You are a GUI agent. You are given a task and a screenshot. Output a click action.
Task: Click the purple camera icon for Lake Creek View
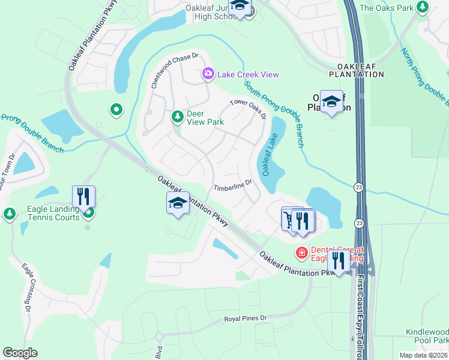pos(208,74)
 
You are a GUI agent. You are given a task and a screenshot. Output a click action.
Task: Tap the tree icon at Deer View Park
pos(177,116)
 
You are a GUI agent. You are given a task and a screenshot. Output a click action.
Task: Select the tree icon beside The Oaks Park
pos(423,7)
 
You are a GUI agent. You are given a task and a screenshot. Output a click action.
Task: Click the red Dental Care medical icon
pos(301,253)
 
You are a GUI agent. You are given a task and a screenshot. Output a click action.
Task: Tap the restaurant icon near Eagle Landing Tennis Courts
pos(83,196)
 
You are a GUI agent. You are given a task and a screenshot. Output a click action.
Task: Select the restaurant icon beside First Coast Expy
pos(340,260)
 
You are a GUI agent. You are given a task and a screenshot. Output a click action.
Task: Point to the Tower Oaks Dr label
pos(247,109)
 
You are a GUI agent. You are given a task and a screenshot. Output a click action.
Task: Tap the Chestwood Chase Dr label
pos(174,71)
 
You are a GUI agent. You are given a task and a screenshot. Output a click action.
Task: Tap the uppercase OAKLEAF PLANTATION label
pos(356,70)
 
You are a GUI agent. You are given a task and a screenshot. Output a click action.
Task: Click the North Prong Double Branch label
pos(426,72)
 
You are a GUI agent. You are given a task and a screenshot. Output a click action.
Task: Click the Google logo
pos(20,353)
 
